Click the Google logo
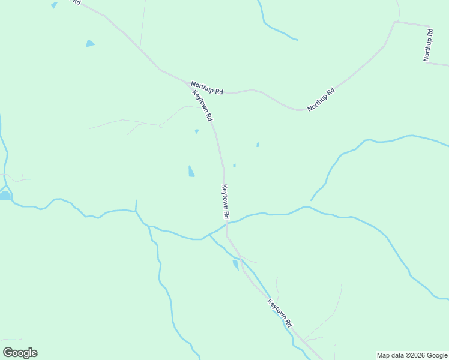point(20,353)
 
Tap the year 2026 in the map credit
point(416,355)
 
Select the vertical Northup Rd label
point(428,45)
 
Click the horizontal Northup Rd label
point(207,88)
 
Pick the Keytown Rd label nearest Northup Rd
point(202,106)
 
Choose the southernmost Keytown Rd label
point(280,313)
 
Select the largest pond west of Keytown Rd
point(191,171)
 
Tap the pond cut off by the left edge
point(4,196)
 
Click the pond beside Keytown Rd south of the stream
point(235,265)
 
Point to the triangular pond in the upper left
point(90,43)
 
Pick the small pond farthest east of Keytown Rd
point(258,145)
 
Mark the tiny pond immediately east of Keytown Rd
point(234,166)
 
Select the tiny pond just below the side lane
point(196,131)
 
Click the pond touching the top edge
point(54,5)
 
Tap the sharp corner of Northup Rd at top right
point(396,22)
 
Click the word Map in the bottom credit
point(383,355)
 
